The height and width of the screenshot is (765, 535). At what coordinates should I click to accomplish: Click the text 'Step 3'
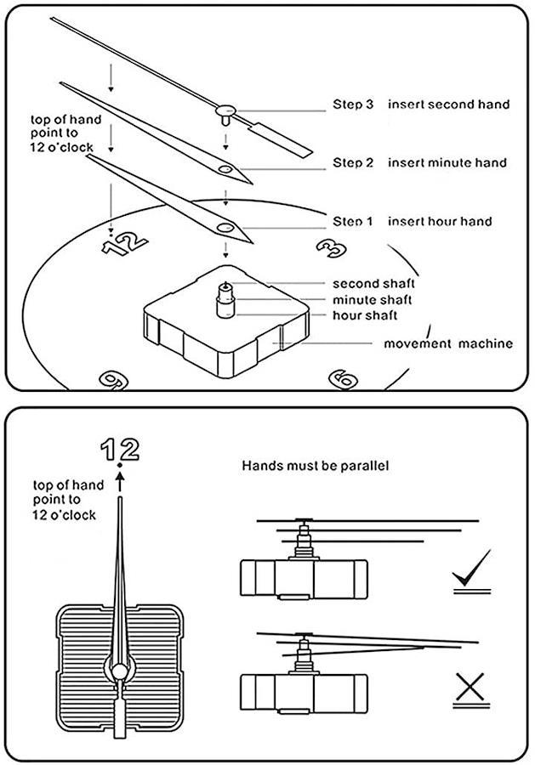pyautogui.click(x=353, y=105)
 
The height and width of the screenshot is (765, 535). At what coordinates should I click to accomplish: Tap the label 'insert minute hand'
pyautogui.click(x=447, y=162)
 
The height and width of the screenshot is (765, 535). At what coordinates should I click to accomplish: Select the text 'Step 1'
pyautogui.click(x=353, y=222)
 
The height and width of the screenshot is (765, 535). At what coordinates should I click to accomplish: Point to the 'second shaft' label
pyautogui.click(x=373, y=284)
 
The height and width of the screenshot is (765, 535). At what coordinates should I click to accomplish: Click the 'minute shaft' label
pyautogui.click(x=373, y=299)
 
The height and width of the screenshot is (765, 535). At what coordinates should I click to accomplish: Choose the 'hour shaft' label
pyautogui.click(x=365, y=315)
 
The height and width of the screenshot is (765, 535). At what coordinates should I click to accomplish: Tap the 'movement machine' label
pyautogui.click(x=447, y=343)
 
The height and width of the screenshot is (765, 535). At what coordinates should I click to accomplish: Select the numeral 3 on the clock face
pyautogui.click(x=330, y=247)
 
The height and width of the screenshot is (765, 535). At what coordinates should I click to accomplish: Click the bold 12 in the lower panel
pyautogui.click(x=119, y=449)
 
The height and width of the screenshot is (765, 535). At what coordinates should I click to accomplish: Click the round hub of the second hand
pyautogui.click(x=226, y=109)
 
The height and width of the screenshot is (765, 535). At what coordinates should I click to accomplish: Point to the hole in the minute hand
pyautogui.click(x=225, y=170)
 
